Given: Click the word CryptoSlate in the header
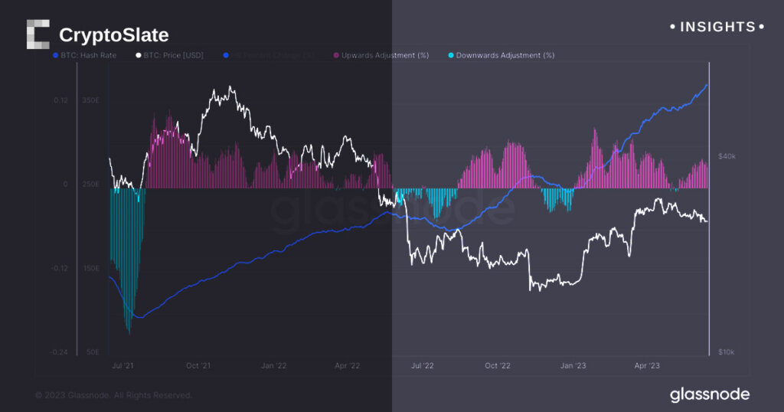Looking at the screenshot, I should tap(113, 35).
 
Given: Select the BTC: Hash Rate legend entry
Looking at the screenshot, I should tap(85, 55).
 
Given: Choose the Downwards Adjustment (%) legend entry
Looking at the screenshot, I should tap(501, 55).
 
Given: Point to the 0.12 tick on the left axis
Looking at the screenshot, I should tap(60, 100).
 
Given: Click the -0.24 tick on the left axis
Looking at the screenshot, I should tap(59, 352).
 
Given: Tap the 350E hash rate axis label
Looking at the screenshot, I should tap(90, 100).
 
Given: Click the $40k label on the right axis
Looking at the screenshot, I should tap(726, 156).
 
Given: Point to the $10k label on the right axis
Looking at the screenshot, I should tap(726, 352).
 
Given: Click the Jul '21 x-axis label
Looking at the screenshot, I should tap(123, 366).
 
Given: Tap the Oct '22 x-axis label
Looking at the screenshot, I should tap(497, 366).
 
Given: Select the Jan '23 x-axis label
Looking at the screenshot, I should tap(572, 366).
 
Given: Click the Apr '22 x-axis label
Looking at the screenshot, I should tap(348, 366).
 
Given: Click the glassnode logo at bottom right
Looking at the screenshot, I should tap(709, 395).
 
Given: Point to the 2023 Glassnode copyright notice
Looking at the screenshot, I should tap(114, 395).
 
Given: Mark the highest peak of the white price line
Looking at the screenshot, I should tap(230, 87).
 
